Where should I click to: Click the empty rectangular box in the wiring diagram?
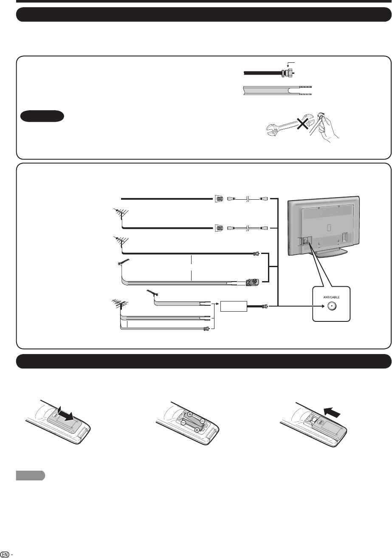(x=234, y=305)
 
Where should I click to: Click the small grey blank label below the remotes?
(x=30, y=476)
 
